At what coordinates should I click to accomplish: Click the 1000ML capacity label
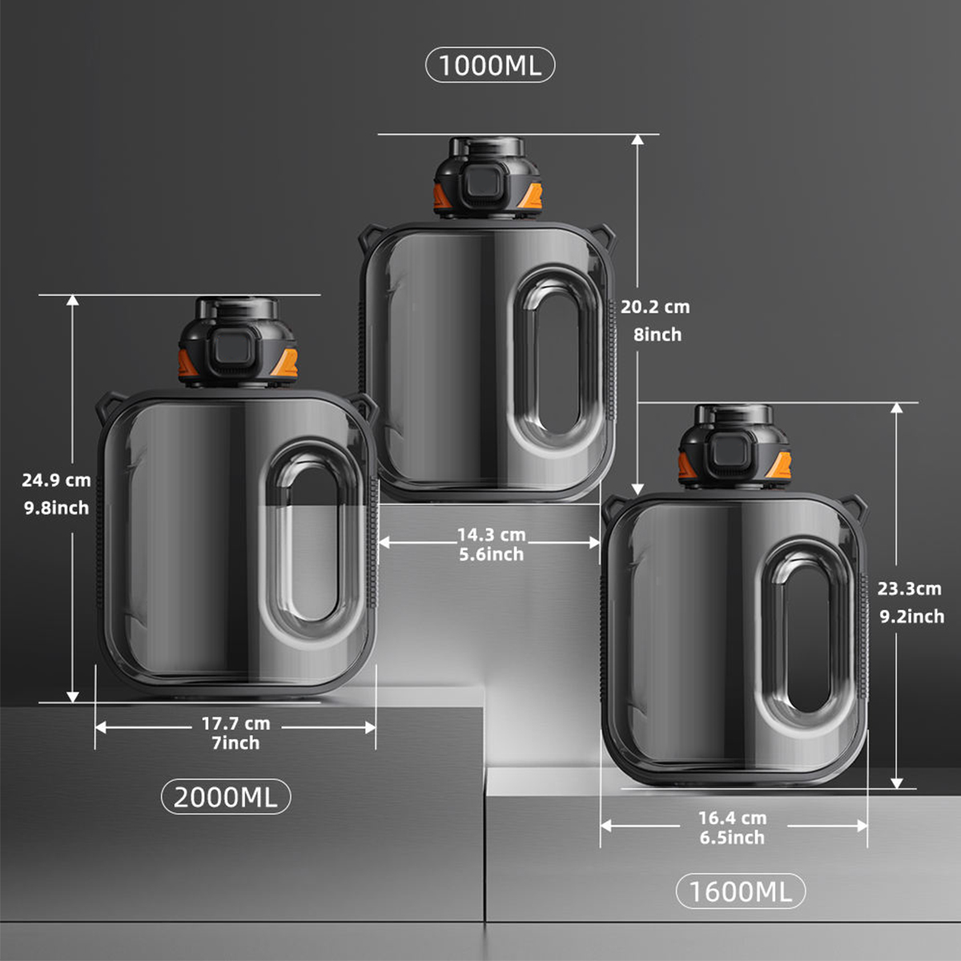[490, 66]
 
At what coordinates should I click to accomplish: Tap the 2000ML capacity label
[226, 797]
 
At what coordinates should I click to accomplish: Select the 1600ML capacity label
[741, 891]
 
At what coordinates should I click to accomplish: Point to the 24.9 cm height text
[56, 480]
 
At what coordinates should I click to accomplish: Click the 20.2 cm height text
[655, 308]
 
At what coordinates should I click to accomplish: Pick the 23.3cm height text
[910, 589]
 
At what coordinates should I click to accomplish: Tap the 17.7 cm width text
[236, 724]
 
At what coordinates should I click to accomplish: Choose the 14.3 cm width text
[492, 535]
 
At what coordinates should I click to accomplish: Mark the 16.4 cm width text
[733, 818]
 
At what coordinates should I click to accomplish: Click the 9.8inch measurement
[56, 509]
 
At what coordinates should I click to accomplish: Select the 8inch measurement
[657, 335]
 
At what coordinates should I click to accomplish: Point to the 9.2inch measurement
[911, 617]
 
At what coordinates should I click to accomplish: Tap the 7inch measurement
[236, 743]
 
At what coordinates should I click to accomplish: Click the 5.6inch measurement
[492, 554]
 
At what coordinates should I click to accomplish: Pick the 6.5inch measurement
[732, 838]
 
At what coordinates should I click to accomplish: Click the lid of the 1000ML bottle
[488, 178]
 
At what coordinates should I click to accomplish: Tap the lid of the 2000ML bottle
[238, 342]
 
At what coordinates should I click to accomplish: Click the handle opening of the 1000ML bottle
[558, 357]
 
